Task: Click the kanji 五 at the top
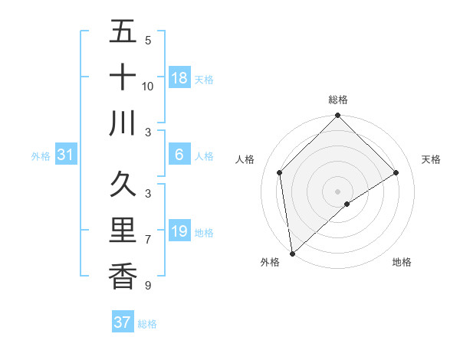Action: point(123,33)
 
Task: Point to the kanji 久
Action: point(123,187)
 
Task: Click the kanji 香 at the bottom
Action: point(123,276)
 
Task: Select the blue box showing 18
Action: point(179,78)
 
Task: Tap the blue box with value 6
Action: point(179,155)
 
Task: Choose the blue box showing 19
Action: point(179,231)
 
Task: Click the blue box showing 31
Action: point(66,155)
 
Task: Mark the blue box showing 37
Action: point(123,322)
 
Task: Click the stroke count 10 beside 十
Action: point(148,87)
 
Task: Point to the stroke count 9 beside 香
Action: point(147,286)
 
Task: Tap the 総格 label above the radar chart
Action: point(338,100)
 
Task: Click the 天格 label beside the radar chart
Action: point(432,159)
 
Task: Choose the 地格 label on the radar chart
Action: point(402,262)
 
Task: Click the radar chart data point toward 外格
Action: point(292,253)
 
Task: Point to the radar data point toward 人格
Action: point(280,172)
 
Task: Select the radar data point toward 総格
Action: point(337,117)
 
